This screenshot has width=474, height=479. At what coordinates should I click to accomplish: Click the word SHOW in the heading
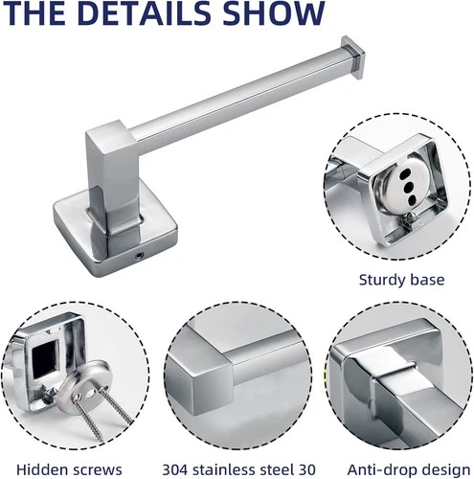(273, 12)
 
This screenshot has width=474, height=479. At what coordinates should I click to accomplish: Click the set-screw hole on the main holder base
(139, 255)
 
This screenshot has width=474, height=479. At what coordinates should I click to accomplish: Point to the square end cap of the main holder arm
(353, 57)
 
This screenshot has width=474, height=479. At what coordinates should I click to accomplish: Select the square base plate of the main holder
(115, 234)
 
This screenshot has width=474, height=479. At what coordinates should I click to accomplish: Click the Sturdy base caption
(401, 280)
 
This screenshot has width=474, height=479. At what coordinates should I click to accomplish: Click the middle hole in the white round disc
(408, 188)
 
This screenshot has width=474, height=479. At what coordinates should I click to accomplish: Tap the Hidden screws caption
(69, 470)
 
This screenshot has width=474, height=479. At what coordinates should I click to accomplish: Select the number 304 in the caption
(175, 470)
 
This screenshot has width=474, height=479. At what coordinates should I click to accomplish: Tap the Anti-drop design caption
(409, 470)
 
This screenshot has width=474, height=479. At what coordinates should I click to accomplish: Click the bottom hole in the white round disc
(413, 200)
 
